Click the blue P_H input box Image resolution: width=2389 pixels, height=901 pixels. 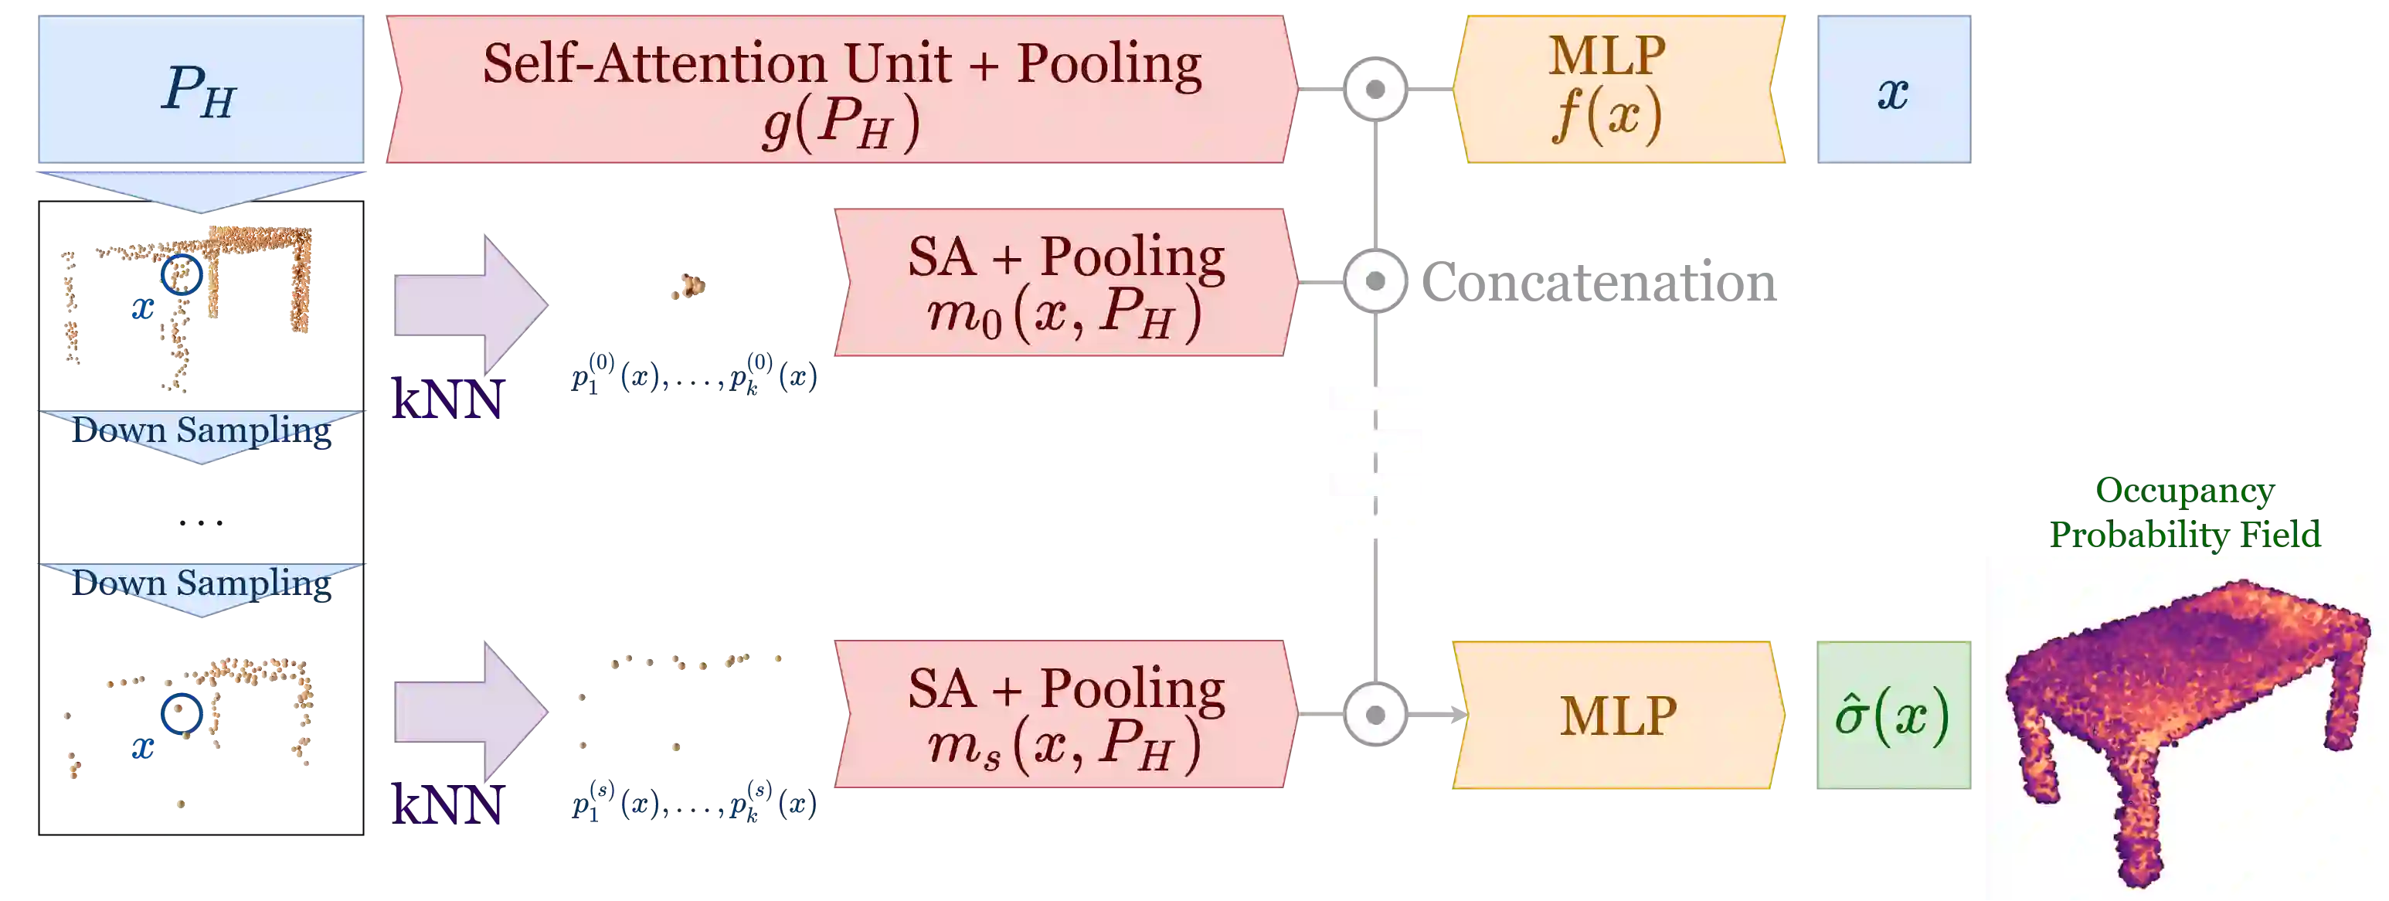click(200, 89)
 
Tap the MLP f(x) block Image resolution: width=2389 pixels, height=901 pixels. click(1617, 89)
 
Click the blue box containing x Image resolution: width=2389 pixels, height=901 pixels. click(1893, 90)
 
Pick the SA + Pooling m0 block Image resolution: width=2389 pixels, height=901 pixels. click(1065, 282)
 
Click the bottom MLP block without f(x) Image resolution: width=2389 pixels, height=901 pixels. click(1617, 715)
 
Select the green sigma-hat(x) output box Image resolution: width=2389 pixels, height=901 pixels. click(1891, 715)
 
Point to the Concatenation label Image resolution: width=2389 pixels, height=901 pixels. click(1599, 282)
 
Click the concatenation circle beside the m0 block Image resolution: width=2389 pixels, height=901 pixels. click(1375, 281)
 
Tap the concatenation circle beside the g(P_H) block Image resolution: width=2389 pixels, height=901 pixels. click(1375, 89)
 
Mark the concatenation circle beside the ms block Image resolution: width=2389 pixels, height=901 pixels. click(1375, 715)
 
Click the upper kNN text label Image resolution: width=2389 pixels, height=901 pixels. click(446, 399)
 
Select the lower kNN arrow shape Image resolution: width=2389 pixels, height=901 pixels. click(468, 712)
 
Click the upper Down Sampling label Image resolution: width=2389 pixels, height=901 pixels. click(201, 430)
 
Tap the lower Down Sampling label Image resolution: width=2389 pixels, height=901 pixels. click(201, 583)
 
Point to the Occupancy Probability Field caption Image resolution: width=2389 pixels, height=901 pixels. click(2185, 513)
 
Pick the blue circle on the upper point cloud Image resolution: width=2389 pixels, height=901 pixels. click(182, 274)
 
